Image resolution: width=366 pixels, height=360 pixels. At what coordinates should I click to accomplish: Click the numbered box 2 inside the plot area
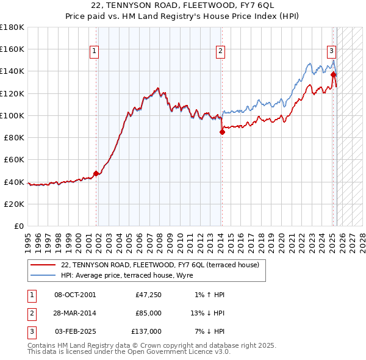tap(220, 52)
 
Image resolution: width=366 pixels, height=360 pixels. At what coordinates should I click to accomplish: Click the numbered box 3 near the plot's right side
tap(331, 51)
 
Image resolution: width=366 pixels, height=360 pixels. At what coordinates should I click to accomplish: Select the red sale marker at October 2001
tap(96, 173)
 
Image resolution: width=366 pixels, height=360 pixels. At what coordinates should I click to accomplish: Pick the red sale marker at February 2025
tap(334, 74)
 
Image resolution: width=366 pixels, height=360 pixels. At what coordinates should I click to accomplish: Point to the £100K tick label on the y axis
tap(12, 115)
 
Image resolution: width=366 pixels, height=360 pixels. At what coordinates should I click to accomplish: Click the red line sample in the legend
tap(43, 265)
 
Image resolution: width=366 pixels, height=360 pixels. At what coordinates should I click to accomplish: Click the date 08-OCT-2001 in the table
tap(74, 295)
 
